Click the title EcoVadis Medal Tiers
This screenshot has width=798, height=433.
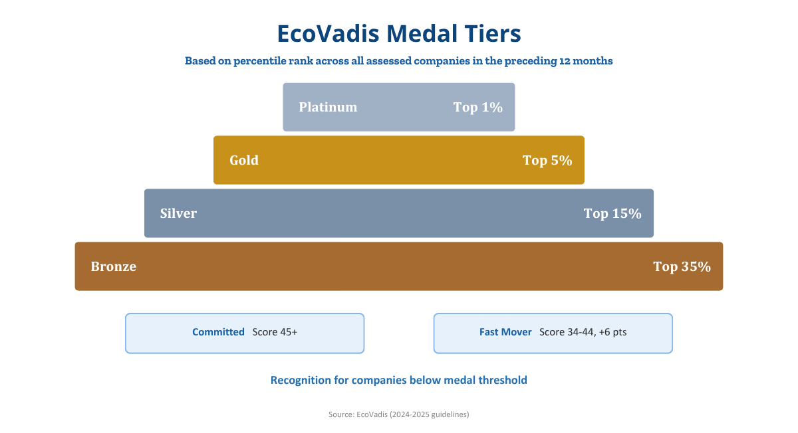pyautogui.click(x=399, y=34)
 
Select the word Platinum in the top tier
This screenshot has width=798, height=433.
pyautogui.click(x=328, y=107)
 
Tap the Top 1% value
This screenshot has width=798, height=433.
pyautogui.click(x=477, y=107)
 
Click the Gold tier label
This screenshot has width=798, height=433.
pyautogui.click(x=244, y=160)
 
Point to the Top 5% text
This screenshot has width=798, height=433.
pyautogui.click(x=547, y=160)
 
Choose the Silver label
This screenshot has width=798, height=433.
pyautogui.click(x=178, y=213)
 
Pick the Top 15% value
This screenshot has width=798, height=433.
pyautogui.click(x=612, y=213)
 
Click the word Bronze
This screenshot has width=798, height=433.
pyautogui.click(x=113, y=266)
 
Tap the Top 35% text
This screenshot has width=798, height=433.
pyautogui.click(x=682, y=266)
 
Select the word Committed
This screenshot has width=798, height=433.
pyautogui.click(x=218, y=332)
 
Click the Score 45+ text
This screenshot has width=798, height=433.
pyautogui.click(x=275, y=332)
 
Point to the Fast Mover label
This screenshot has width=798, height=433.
pyautogui.click(x=505, y=332)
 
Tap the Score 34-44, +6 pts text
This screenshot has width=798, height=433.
pyautogui.click(x=583, y=332)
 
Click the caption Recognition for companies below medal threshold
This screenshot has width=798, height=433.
pyautogui.click(x=398, y=381)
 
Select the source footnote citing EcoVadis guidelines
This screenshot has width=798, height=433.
pyautogui.click(x=398, y=414)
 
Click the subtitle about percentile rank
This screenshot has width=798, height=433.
pyautogui.click(x=398, y=61)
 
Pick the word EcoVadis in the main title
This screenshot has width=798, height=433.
pyautogui.click(x=328, y=34)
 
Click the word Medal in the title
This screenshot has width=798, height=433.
pyautogui.click(x=422, y=34)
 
